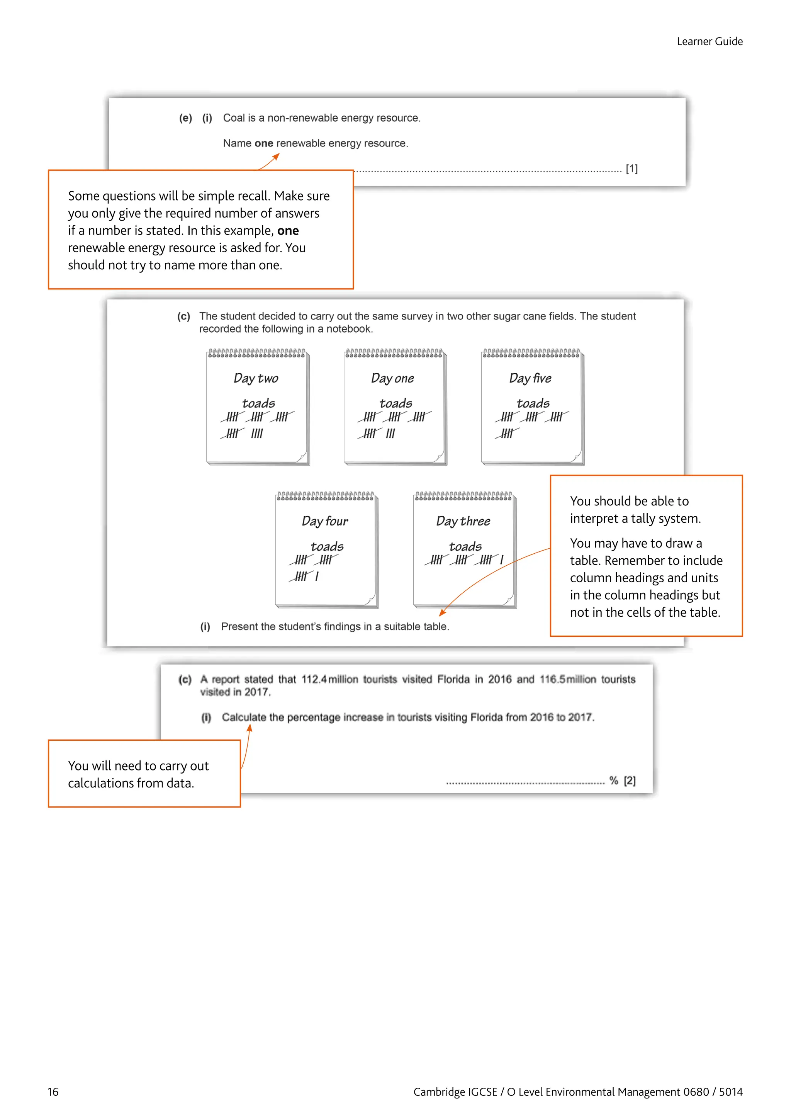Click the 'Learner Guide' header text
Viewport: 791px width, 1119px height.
click(709, 41)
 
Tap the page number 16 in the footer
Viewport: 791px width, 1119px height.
click(53, 1092)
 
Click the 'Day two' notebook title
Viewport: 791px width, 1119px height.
click(256, 378)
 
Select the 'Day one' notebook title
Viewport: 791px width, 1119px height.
click(392, 378)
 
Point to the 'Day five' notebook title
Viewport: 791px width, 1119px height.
click(530, 378)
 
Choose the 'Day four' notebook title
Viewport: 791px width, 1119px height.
click(324, 521)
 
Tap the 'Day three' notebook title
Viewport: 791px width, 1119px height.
click(463, 521)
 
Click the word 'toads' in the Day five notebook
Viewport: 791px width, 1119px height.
click(533, 403)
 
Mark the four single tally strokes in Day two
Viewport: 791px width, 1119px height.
click(257, 433)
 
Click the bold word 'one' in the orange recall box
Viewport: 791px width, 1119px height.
click(288, 231)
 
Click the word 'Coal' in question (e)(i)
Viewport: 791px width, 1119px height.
click(233, 118)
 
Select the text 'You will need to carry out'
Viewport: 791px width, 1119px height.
click(138, 766)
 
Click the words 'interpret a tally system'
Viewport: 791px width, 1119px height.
click(635, 519)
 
